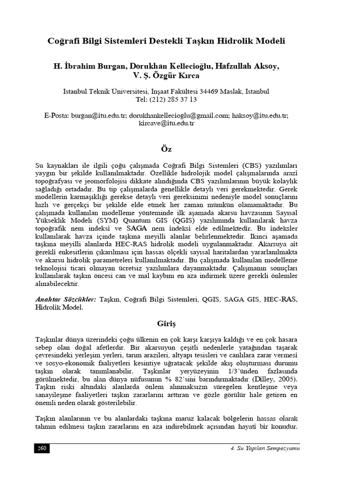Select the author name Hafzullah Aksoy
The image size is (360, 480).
pos(247,67)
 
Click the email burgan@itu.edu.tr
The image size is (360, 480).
pos(98,115)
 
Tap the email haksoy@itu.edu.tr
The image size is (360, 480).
pos(260,115)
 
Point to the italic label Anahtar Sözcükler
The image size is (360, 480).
pos(66,300)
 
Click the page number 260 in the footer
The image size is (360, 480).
pos(42,449)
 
